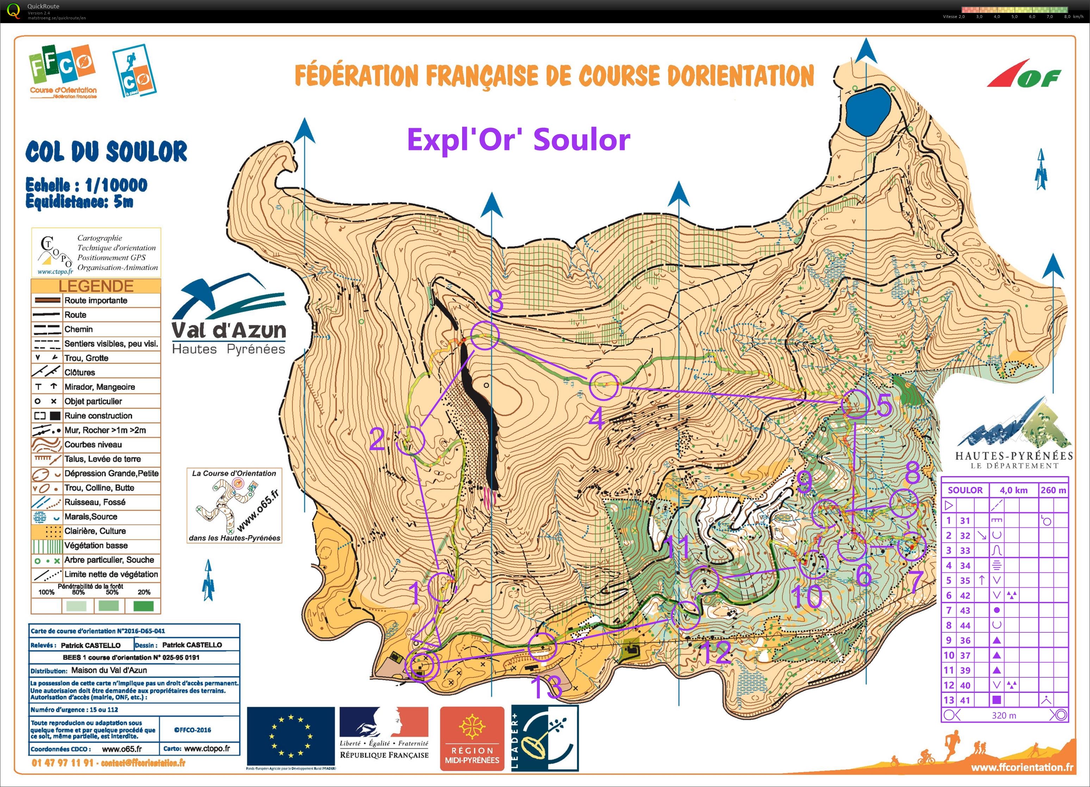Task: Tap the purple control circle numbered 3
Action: (x=485, y=335)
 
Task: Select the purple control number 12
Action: (x=716, y=652)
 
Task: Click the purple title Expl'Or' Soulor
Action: (x=518, y=140)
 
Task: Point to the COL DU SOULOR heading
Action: (x=106, y=152)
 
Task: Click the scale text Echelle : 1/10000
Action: (x=87, y=185)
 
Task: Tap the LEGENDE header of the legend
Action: (x=96, y=286)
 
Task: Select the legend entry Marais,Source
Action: (x=91, y=517)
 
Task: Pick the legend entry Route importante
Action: (x=96, y=300)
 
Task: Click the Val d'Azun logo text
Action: (x=229, y=331)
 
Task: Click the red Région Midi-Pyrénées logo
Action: (x=472, y=738)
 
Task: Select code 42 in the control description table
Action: (x=965, y=595)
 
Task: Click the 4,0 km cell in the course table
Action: (x=1014, y=490)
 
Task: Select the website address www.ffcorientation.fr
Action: (x=1022, y=767)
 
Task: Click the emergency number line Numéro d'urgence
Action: (x=75, y=710)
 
